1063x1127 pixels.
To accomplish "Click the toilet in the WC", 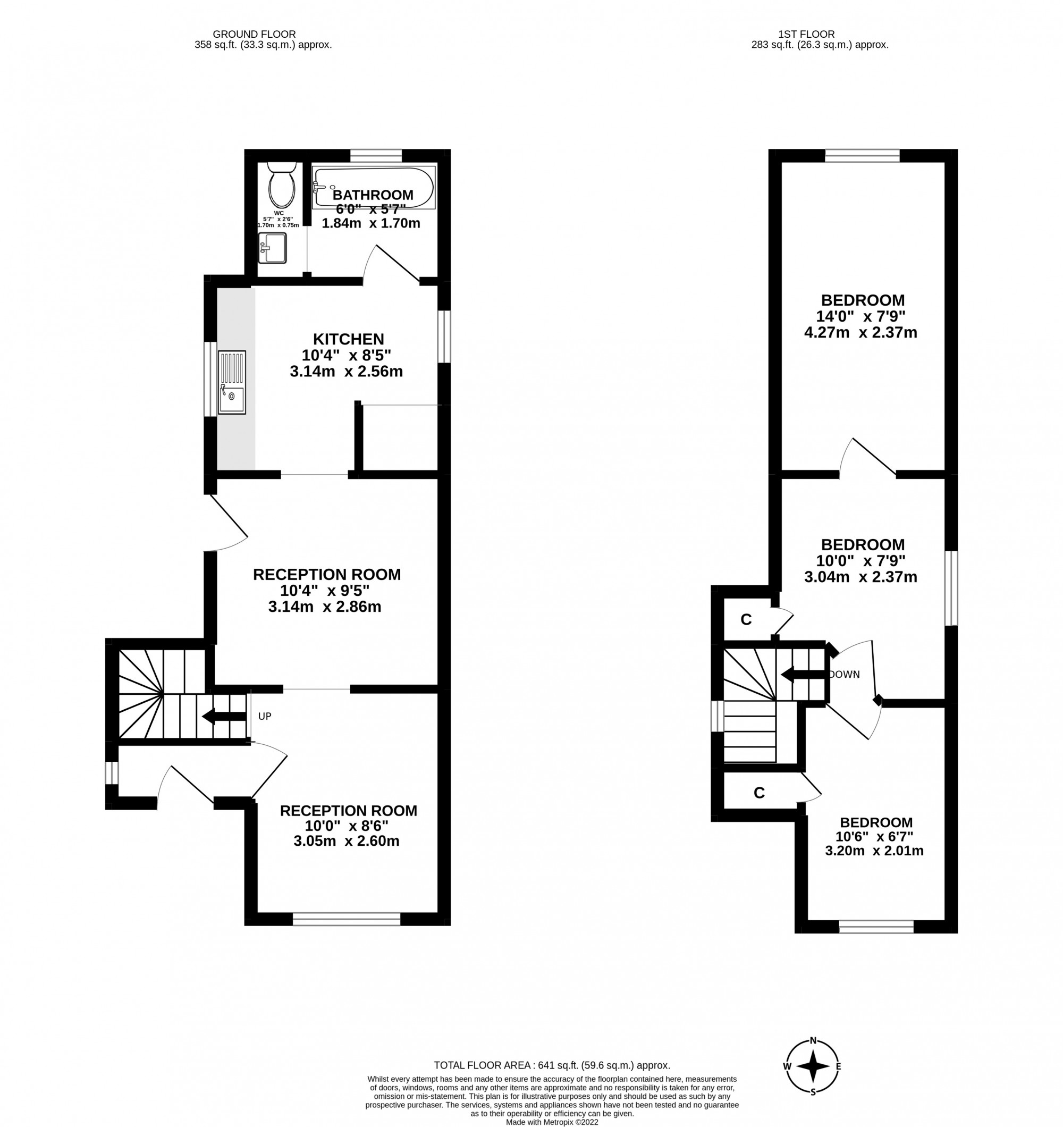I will click(x=282, y=185).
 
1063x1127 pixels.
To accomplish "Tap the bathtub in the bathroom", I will click(x=374, y=187).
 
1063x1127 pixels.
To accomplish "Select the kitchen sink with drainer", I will click(x=232, y=382).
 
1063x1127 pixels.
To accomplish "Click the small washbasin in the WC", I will click(x=273, y=248).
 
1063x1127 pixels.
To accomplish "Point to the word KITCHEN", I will click(x=348, y=339).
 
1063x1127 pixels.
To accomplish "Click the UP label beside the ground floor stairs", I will click(x=265, y=717).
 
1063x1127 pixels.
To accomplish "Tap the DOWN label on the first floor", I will click(x=845, y=675).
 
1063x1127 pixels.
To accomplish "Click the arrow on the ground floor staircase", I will click(x=223, y=717).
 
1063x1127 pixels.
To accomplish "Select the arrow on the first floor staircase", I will click(x=803, y=675).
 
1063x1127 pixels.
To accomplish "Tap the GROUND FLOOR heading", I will click(x=254, y=35).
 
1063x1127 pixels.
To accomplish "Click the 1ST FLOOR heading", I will click(x=814, y=35).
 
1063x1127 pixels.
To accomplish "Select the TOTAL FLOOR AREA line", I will click(x=552, y=1065).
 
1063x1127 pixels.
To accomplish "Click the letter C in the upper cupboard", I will click(x=746, y=620).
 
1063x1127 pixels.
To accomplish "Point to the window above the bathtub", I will click(x=376, y=155).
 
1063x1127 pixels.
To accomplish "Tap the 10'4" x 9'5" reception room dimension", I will click(x=324, y=591).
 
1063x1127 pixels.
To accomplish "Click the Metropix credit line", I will click(x=552, y=1121).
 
